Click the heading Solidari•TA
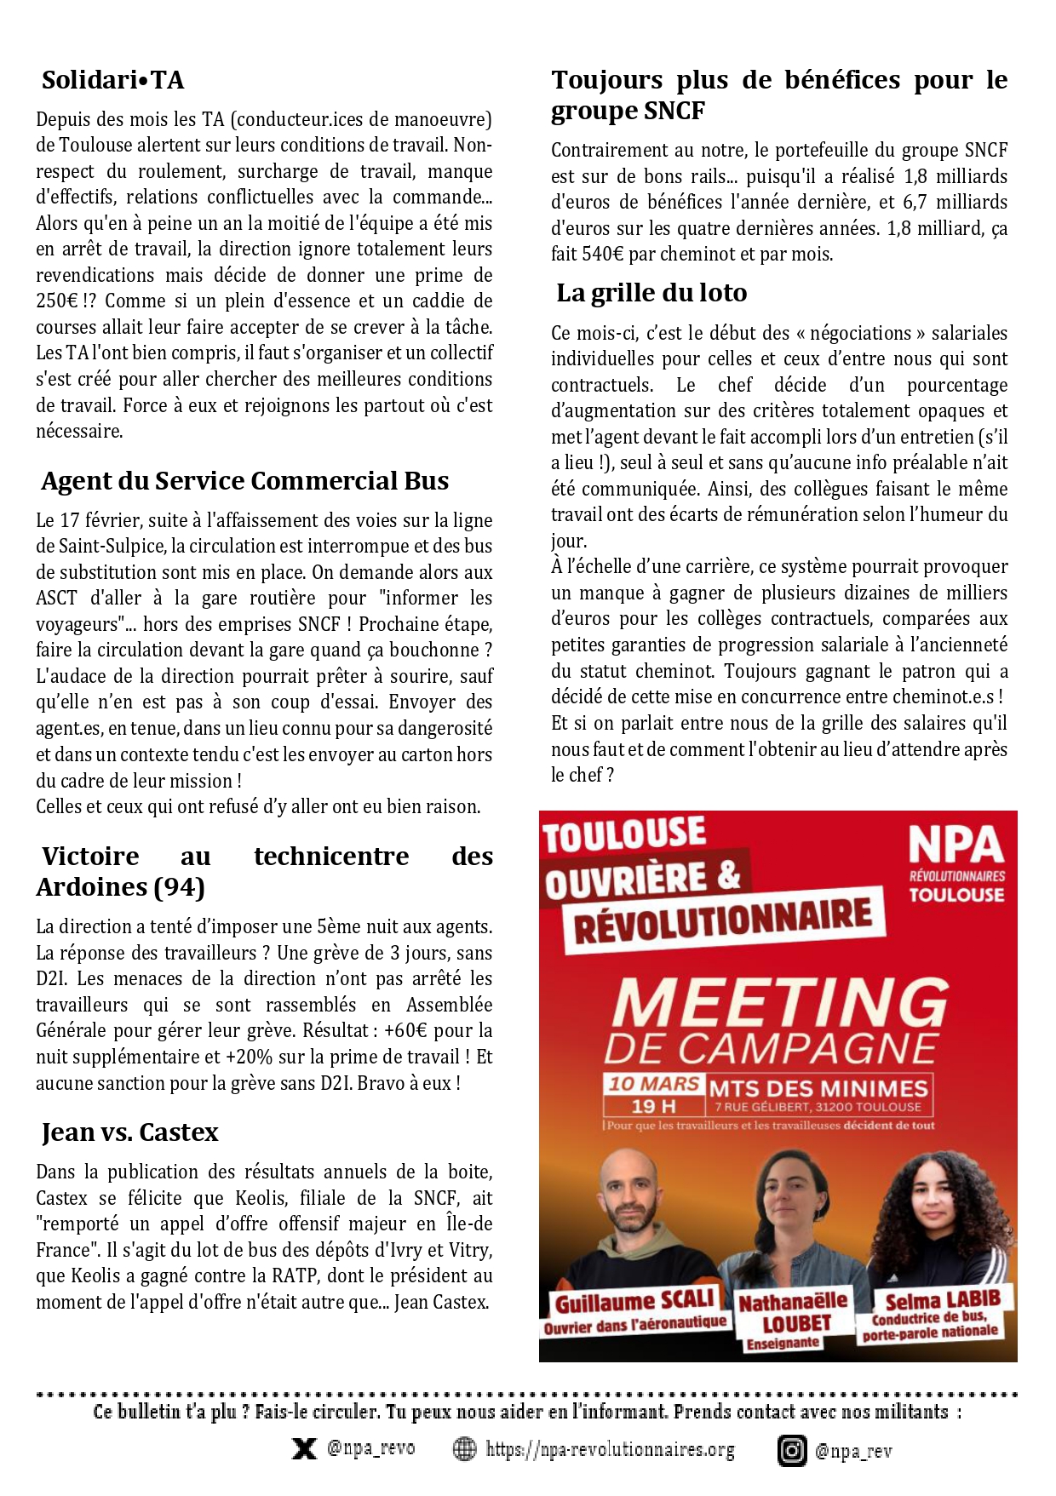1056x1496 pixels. [x=112, y=80]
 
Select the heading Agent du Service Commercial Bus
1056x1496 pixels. [x=244, y=481]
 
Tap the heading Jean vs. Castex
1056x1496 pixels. [x=129, y=1132]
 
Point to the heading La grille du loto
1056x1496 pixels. [x=651, y=293]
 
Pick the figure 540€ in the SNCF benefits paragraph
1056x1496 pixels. [x=603, y=255]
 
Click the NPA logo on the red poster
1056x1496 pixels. [x=956, y=846]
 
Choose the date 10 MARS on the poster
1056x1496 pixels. [x=654, y=1084]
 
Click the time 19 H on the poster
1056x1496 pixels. [x=653, y=1106]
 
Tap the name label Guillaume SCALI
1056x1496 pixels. [x=634, y=1302]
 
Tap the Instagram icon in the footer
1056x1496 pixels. [x=791, y=1451]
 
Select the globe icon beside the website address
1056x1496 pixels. [x=464, y=1449]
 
